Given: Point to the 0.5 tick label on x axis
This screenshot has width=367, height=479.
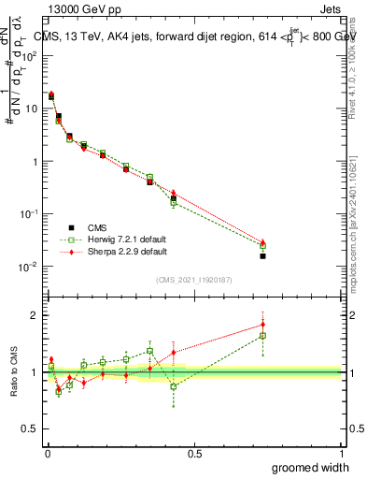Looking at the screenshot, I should (194, 452).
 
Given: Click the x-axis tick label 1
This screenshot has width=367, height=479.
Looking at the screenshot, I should (341, 452).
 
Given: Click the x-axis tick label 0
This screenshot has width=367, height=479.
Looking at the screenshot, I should (47, 452).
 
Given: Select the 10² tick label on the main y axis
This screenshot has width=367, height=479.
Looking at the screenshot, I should (31, 56).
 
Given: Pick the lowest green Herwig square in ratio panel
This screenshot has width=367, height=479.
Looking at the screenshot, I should (58, 392).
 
